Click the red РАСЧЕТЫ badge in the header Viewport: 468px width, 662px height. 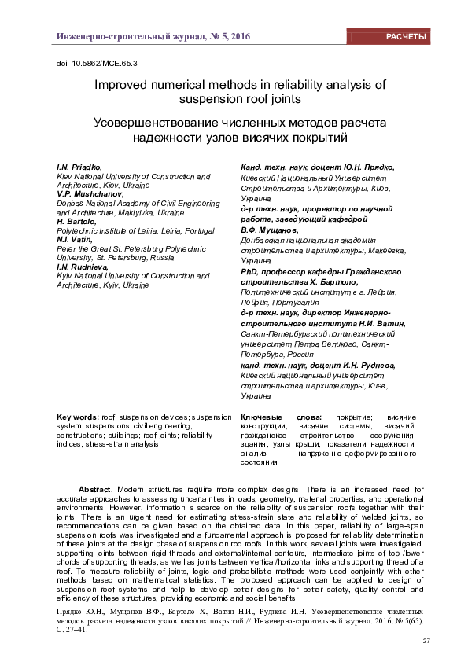pyautogui.click(x=406, y=37)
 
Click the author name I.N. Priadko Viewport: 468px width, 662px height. pyautogui.click(x=78, y=167)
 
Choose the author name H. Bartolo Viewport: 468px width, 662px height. pyautogui.click(x=76, y=222)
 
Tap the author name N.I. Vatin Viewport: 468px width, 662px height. pyautogui.click(x=72, y=240)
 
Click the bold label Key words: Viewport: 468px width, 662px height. pyautogui.click(x=77, y=416)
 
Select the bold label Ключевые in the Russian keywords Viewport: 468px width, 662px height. pyautogui.click(x=262, y=416)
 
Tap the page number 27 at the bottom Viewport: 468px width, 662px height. pyautogui.click(x=426, y=642)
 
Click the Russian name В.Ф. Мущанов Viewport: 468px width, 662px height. pyautogui.click(x=266, y=230)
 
